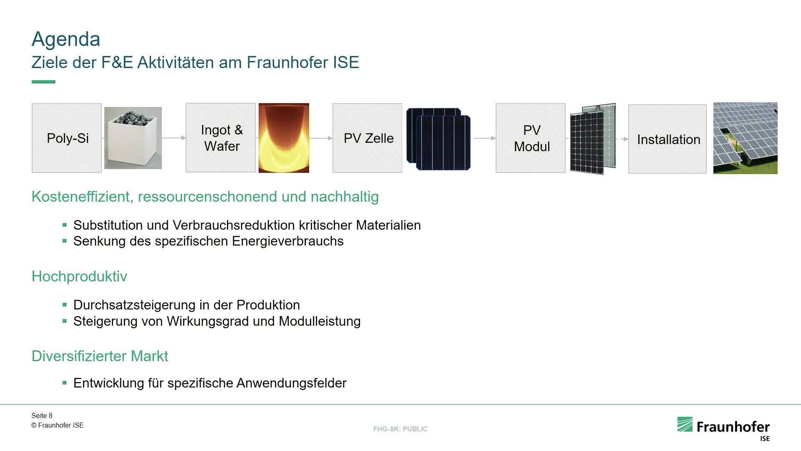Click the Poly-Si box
[x=67, y=138]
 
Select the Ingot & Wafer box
[x=221, y=137]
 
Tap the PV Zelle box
[x=368, y=138]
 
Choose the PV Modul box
[x=531, y=138]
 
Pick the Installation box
[x=667, y=139]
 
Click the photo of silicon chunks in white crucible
[x=133, y=138]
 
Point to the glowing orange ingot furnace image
[x=284, y=138]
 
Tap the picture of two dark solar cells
[x=438, y=139]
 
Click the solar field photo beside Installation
[x=746, y=138]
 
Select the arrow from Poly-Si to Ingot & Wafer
[x=174, y=137]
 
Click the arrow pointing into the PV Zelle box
[x=321, y=137]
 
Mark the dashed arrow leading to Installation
[x=622, y=139]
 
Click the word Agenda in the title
[x=66, y=39]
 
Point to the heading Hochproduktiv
[x=79, y=276]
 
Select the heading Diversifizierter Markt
[x=100, y=356]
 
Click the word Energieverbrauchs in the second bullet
[x=288, y=241]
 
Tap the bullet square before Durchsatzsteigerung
[x=65, y=305]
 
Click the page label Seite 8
[x=42, y=416]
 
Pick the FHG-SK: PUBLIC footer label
[x=400, y=429]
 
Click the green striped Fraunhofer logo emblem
[x=685, y=424]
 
